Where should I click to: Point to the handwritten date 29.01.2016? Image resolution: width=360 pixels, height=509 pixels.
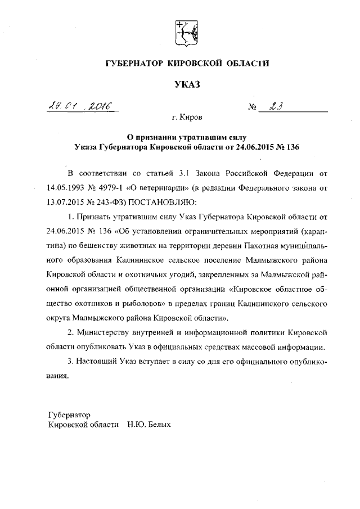click(x=80, y=105)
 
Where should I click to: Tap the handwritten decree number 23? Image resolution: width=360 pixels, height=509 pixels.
click(x=276, y=106)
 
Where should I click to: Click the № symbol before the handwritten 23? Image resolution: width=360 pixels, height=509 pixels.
click(x=252, y=107)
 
